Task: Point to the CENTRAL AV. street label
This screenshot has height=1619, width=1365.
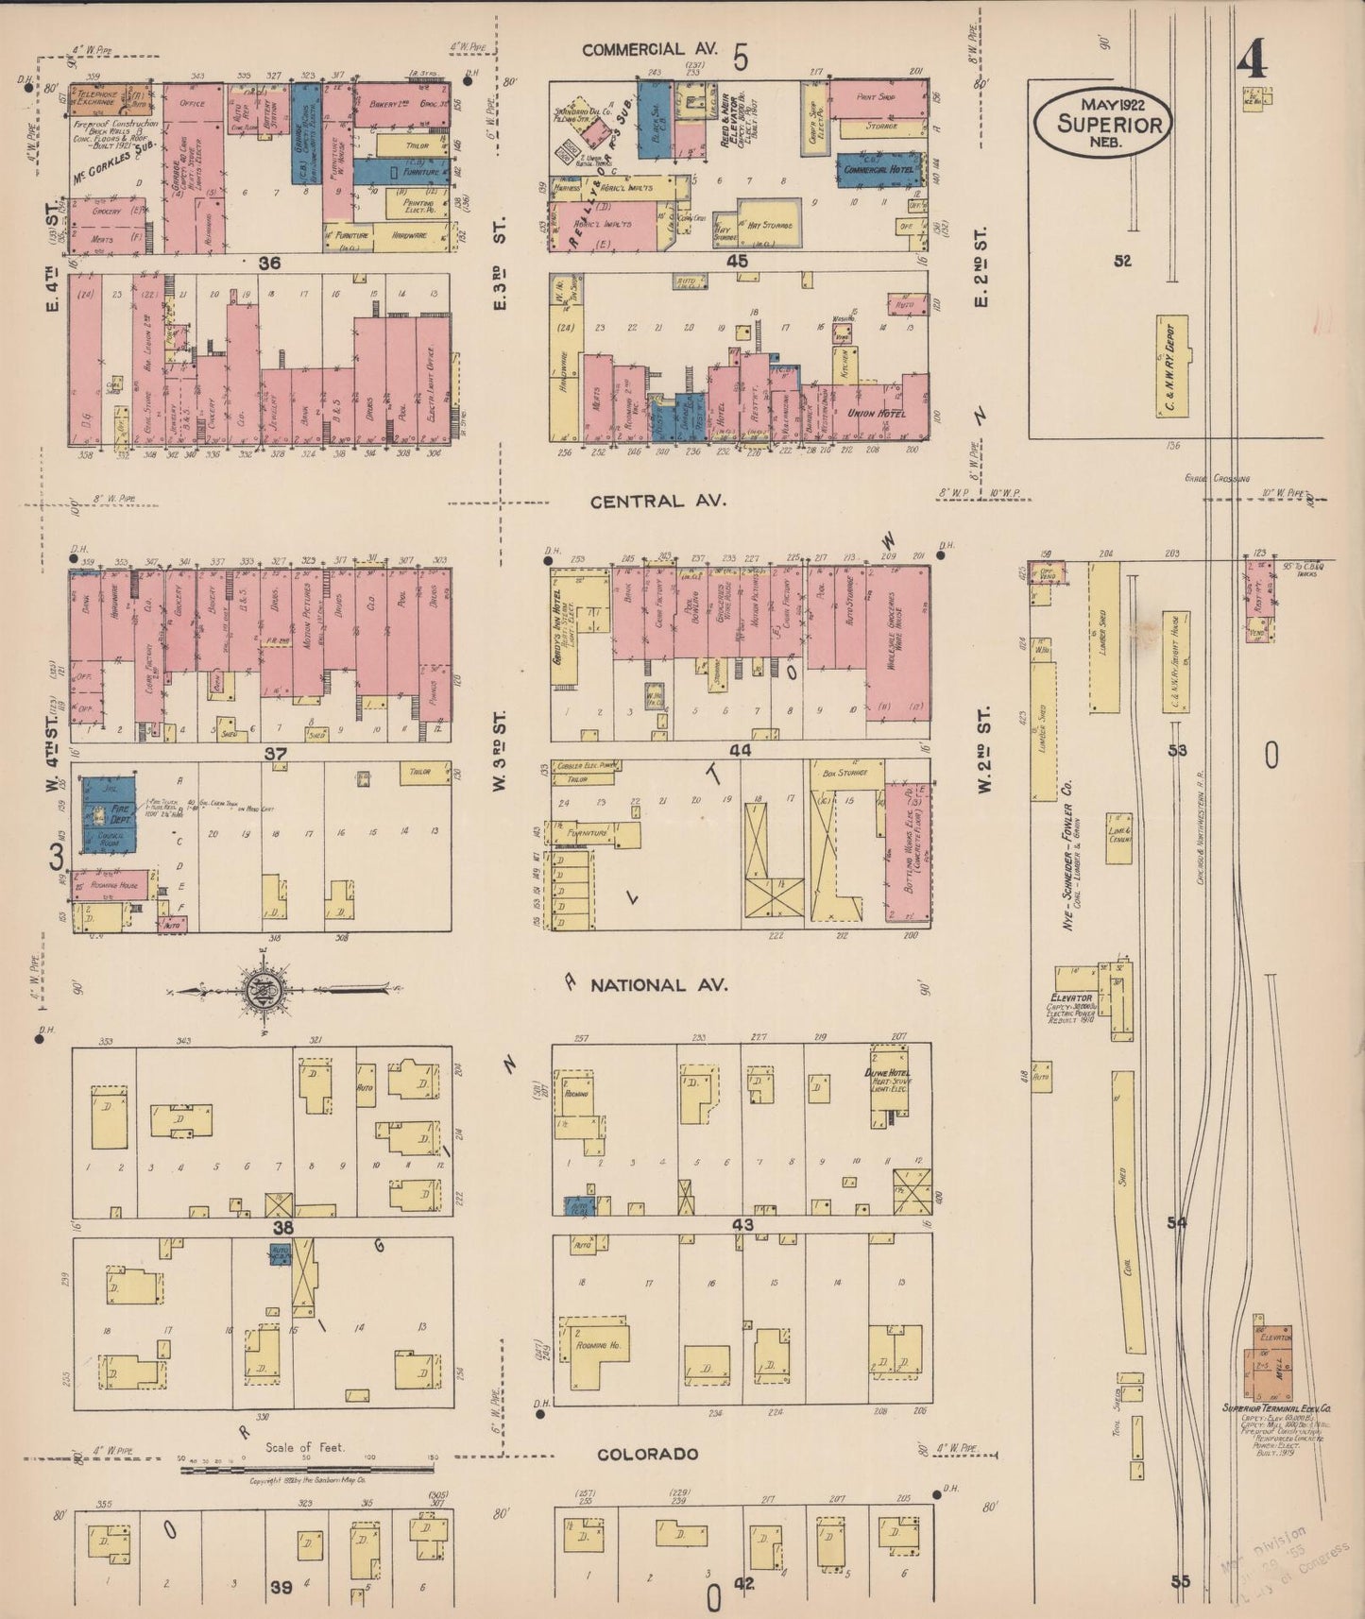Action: click(x=658, y=502)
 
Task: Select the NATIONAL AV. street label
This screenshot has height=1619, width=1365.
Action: click(x=658, y=985)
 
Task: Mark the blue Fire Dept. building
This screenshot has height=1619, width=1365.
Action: click(x=107, y=815)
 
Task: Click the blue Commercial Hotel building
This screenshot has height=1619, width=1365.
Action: click(x=879, y=169)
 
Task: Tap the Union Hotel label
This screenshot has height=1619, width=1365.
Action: click(x=878, y=414)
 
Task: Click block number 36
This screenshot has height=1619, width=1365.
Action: click(x=270, y=264)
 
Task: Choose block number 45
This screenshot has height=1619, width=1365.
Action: click(x=737, y=261)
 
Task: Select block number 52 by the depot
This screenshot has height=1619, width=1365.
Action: click(x=1121, y=262)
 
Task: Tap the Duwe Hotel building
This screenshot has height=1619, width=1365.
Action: click(x=889, y=1084)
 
